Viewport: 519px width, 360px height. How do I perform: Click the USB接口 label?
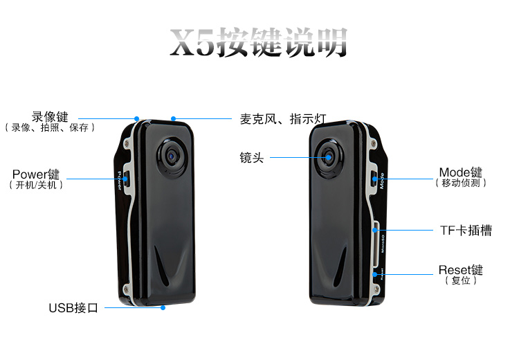pos(73,307)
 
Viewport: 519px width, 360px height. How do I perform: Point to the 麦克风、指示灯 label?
pos(283,118)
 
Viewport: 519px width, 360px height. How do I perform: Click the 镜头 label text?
pos(252,158)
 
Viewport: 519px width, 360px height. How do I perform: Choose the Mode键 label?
pos(461,172)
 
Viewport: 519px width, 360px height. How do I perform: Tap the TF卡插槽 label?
pos(466,230)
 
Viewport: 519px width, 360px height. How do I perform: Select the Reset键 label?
pos(461,269)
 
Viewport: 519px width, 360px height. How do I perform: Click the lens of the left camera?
pos(170,156)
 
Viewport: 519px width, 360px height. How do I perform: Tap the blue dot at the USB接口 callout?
pos(163,307)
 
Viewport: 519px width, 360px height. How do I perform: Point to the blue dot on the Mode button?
pos(374,179)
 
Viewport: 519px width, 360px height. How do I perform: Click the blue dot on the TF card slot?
pos(374,230)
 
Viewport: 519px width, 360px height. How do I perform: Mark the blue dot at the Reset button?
pos(374,275)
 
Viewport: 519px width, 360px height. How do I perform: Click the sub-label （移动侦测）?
pos(461,183)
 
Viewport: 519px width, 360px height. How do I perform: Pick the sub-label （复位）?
pos(461,280)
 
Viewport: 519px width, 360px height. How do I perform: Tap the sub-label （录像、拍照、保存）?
pos(50,127)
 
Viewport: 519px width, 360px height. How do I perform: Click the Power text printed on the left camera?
pos(120,181)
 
